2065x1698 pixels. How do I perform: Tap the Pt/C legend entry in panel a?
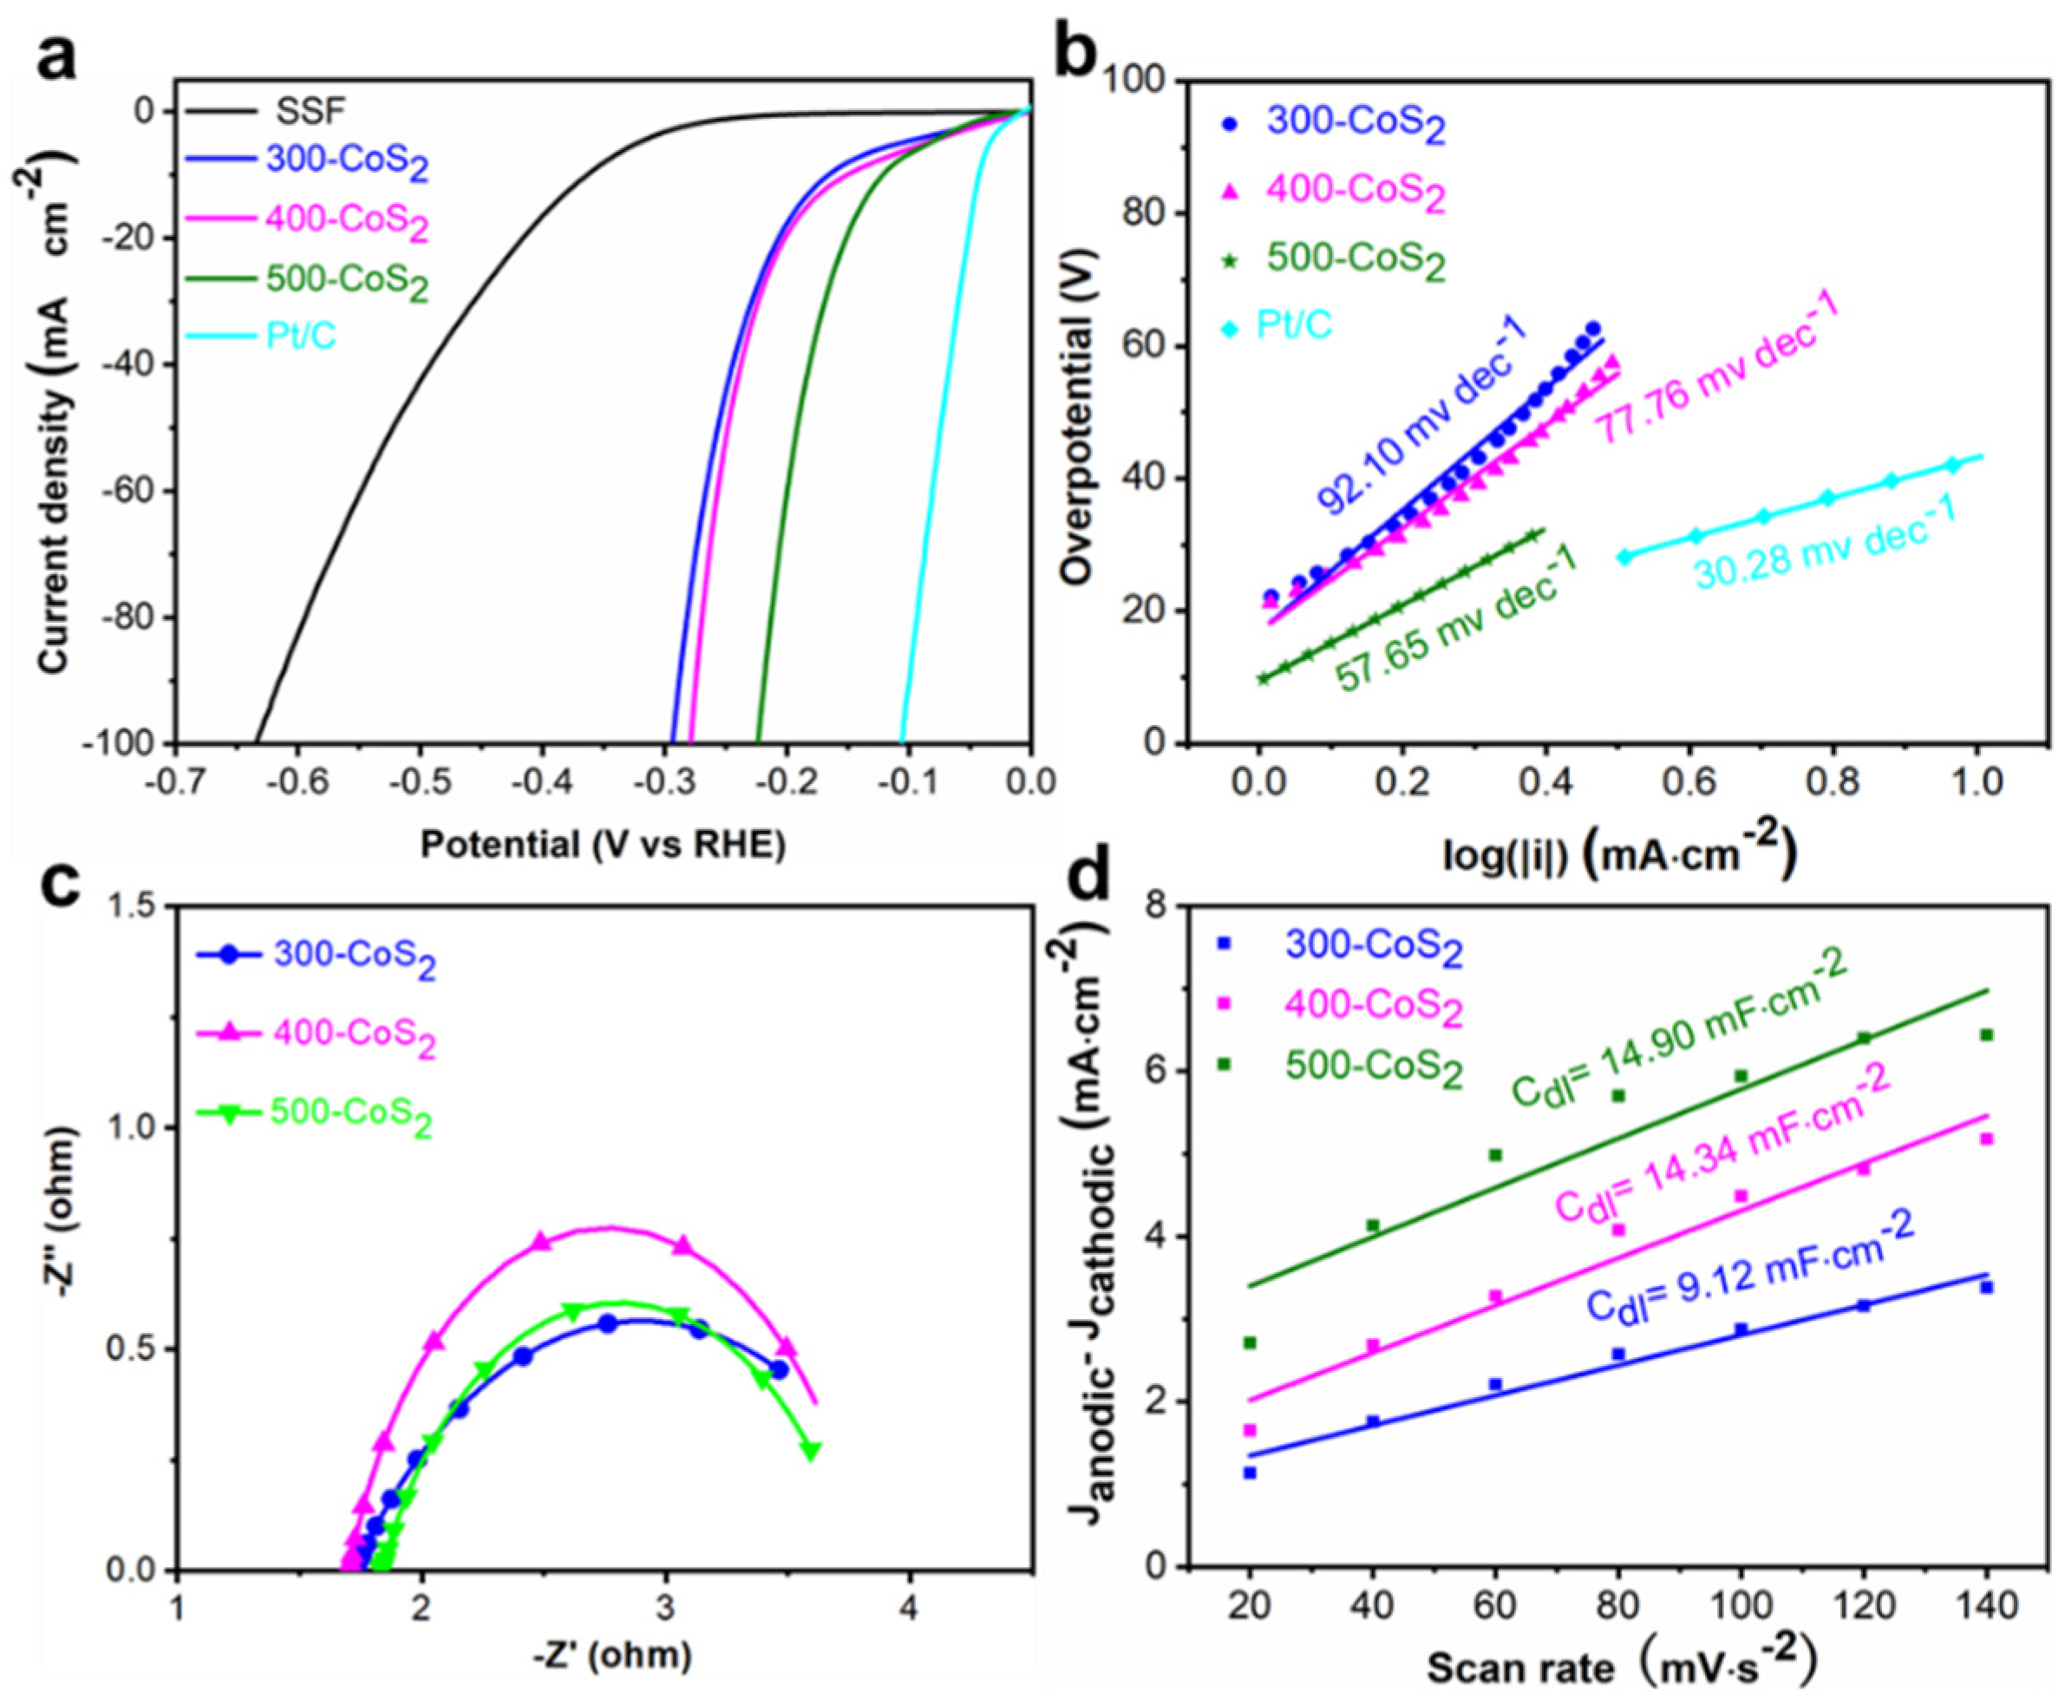pos(301,336)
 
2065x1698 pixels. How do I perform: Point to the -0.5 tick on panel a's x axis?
pos(420,781)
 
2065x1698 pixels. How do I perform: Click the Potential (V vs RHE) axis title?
pos(603,844)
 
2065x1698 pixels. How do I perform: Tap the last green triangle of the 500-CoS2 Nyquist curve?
pos(810,1451)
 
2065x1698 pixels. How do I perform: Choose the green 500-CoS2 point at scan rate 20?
pos(1249,1343)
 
